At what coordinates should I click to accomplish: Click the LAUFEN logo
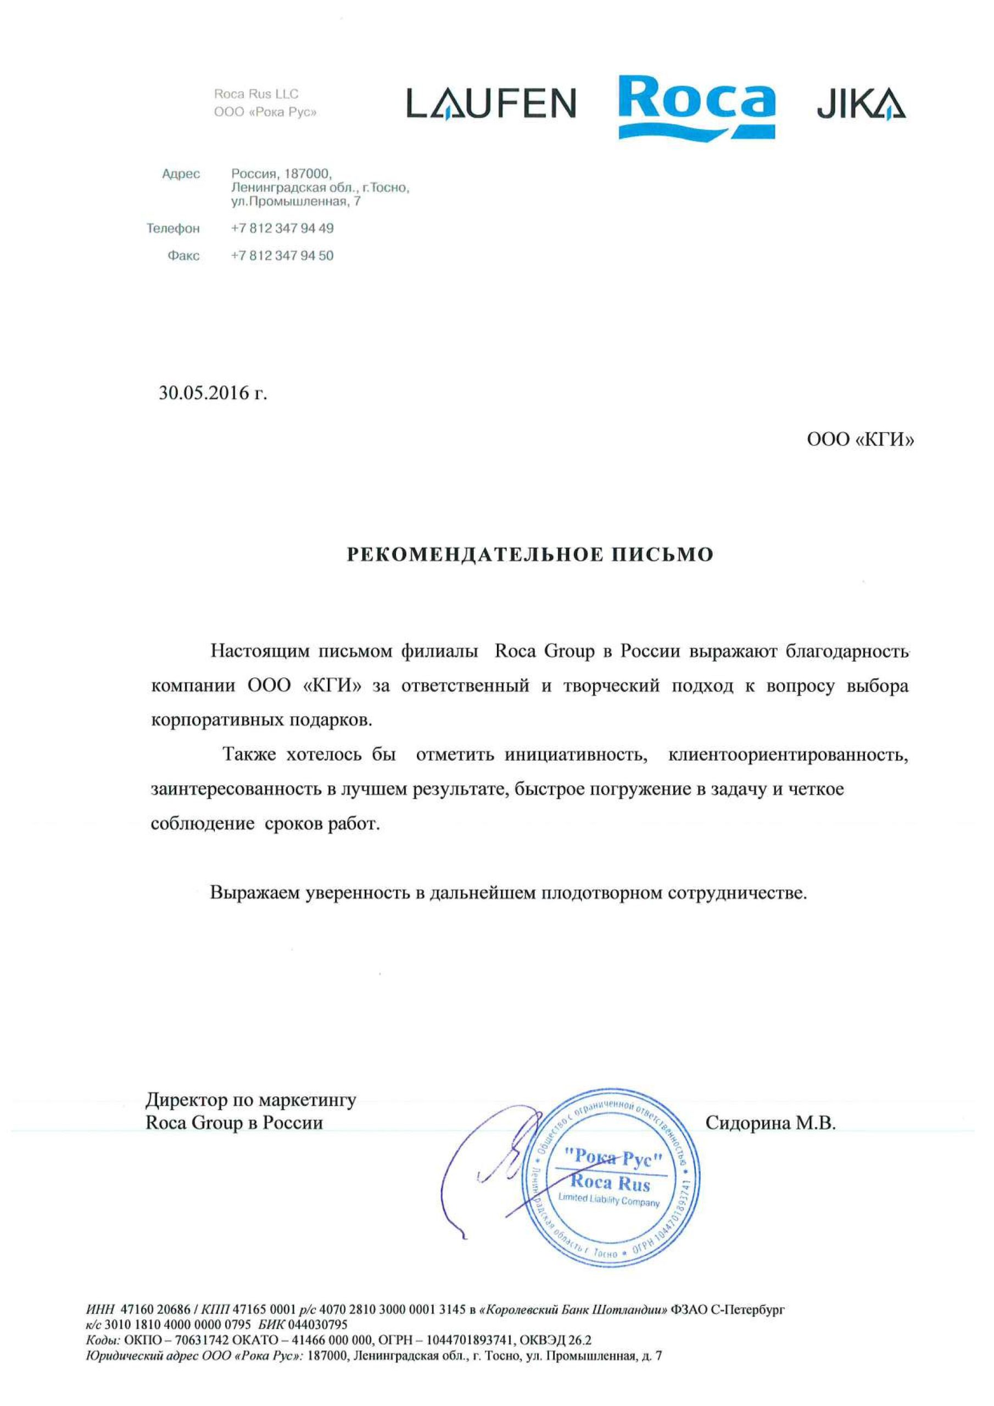(491, 103)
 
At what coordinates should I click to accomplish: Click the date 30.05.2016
(213, 393)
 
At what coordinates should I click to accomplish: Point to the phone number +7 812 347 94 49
(282, 228)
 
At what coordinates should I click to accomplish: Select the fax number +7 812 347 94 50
(282, 255)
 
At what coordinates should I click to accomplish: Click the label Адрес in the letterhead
(181, 174)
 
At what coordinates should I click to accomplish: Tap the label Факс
(184, 256)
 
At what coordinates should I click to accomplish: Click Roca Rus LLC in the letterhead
(256, 94)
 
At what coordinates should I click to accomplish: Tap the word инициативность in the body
(576, 755)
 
